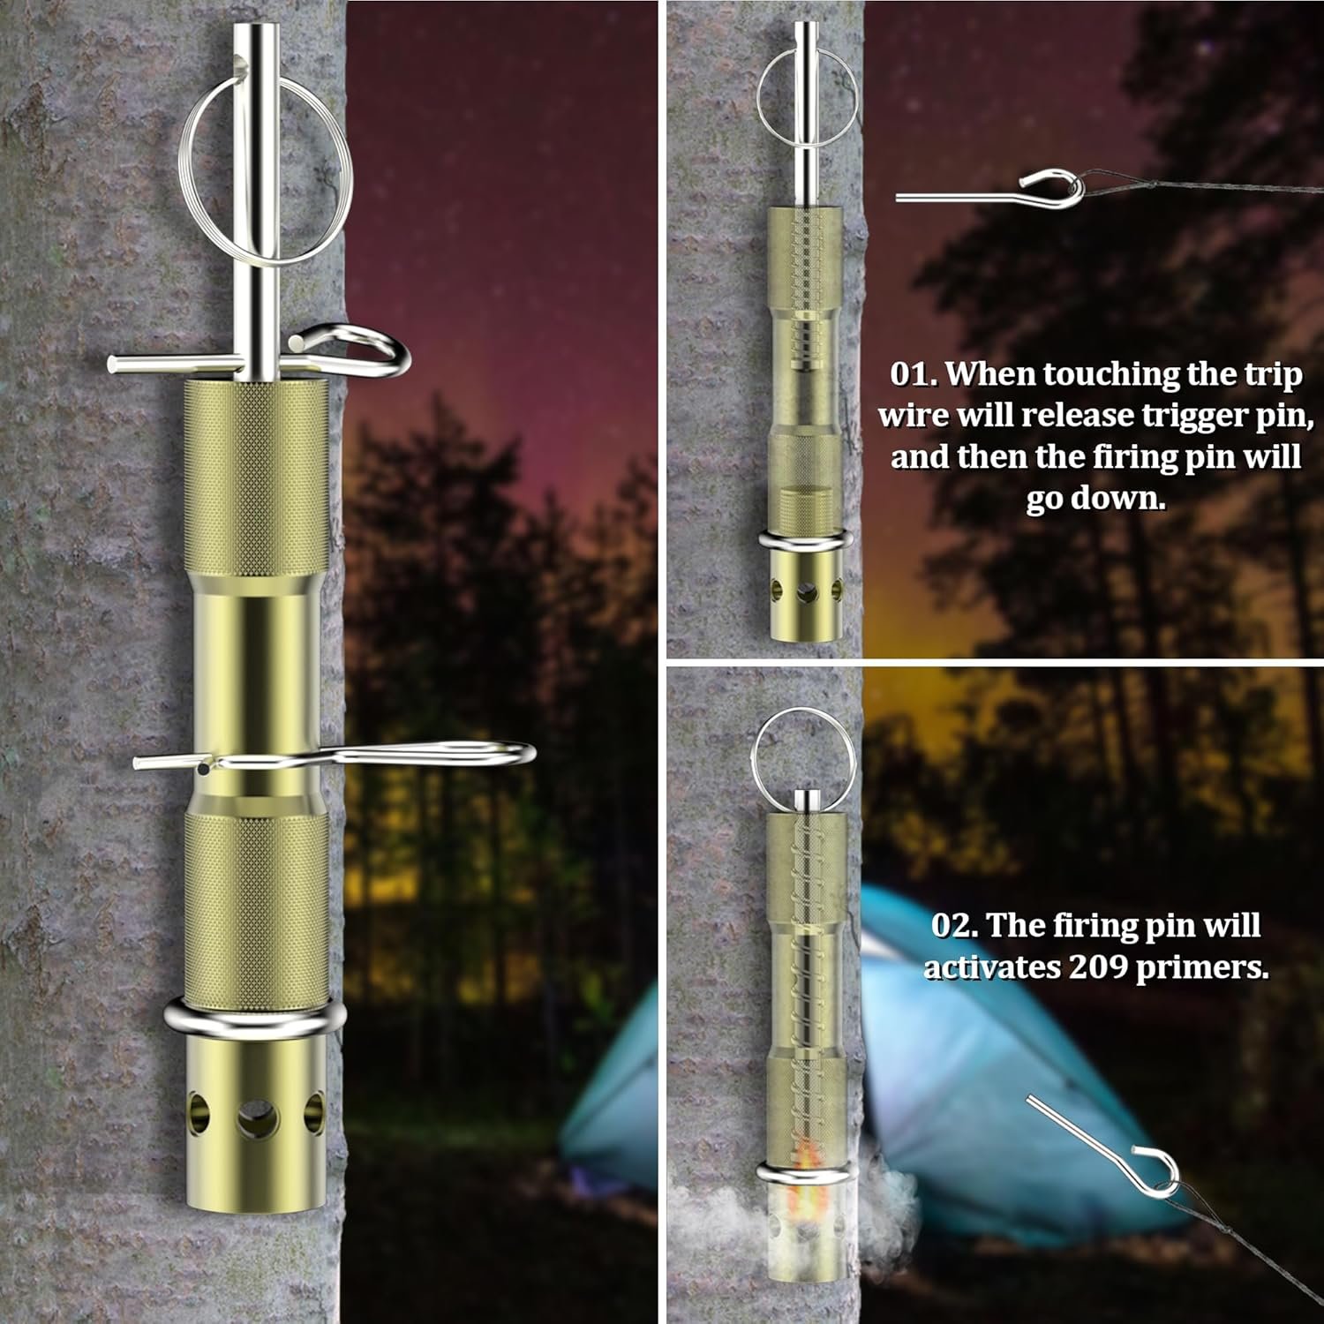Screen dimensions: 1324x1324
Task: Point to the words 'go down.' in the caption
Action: coord(1095,500)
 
